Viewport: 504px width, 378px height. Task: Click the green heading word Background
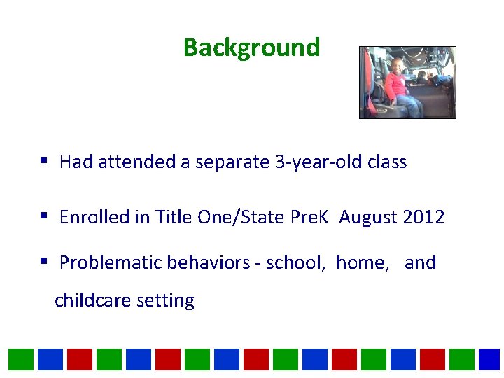click(x=251, y=48)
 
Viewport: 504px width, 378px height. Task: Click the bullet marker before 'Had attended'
click(x=44, y=162)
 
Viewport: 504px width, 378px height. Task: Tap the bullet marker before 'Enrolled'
click(x=44, y=217)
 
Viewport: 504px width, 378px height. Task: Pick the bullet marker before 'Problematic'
click(x=44, y=262)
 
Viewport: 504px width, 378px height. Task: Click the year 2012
click(x=423, y=217)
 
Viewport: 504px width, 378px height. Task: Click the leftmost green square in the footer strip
click(x=21, y=359)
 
